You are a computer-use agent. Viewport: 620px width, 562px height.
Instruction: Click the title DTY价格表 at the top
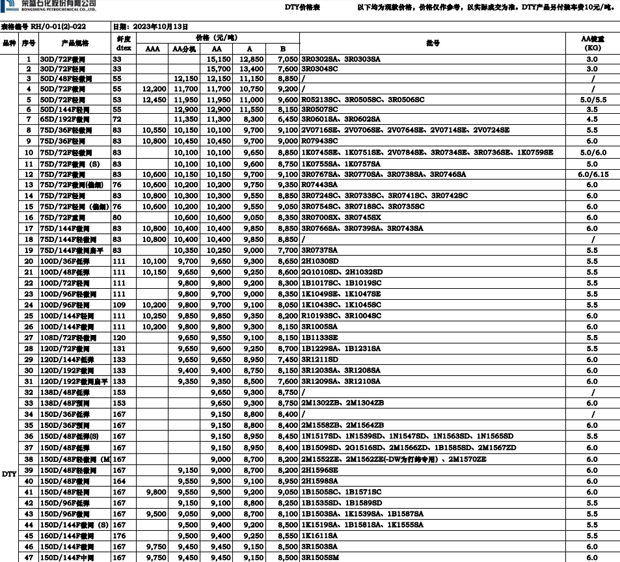(x=303, y=7)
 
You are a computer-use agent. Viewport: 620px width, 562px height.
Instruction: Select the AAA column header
(x=152, y=49)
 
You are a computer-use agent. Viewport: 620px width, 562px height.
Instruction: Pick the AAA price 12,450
(x=152, y=100)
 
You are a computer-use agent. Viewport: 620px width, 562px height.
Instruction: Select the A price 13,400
(x=251, y=68)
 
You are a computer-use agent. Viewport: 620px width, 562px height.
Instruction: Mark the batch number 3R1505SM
(x=323, y=558)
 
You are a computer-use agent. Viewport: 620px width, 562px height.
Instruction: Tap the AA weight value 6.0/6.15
(x=591, y=174)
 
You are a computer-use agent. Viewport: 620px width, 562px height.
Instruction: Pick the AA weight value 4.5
(x=591, y=120)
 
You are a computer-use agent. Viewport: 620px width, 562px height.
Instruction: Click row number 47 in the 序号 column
(x=28, y=558)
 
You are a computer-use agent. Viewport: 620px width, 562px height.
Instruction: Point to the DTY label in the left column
(x=8, y=474)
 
